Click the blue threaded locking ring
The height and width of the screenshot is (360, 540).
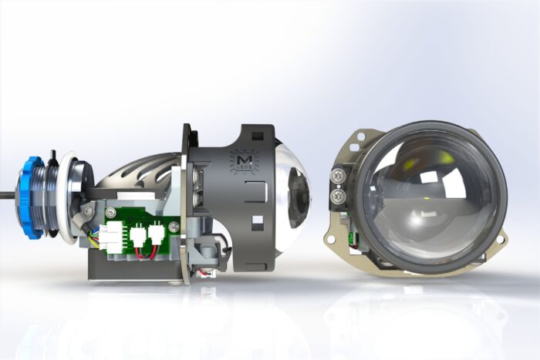coord(34,197)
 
